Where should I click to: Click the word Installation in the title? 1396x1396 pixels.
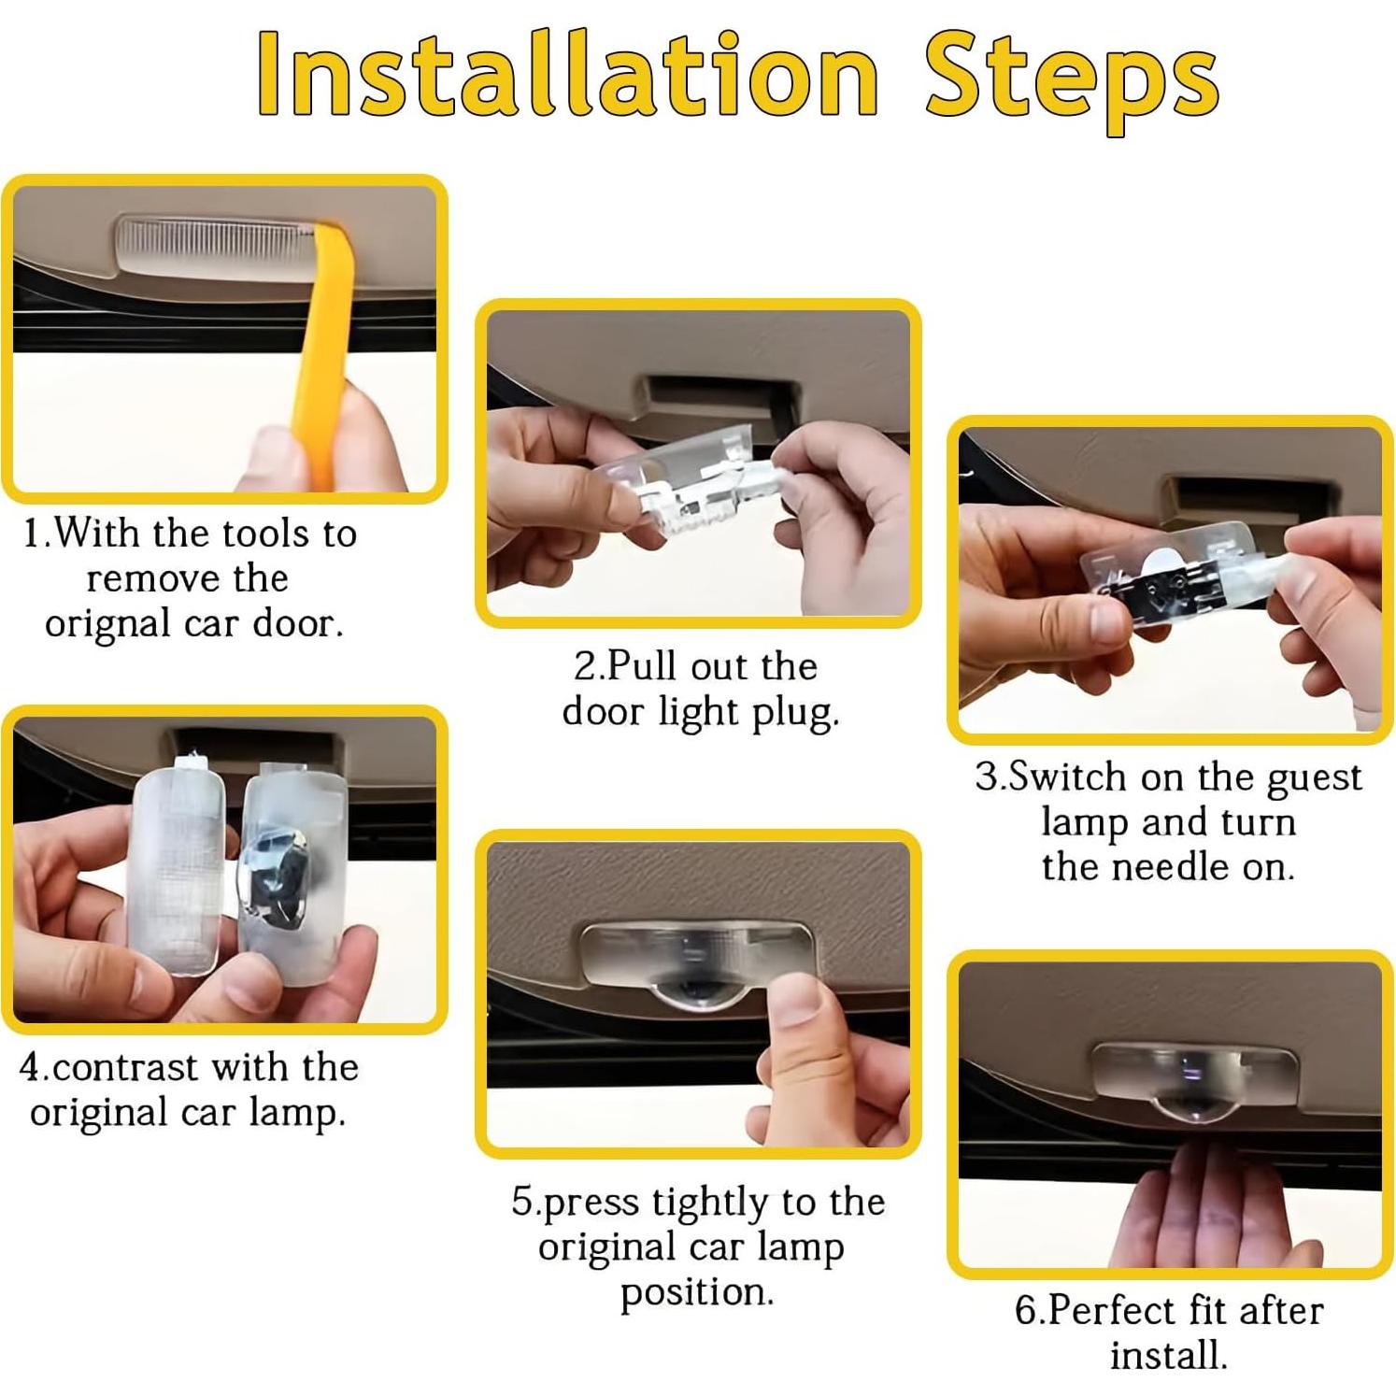click(568, 75)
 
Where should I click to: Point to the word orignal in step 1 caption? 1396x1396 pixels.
click(108, 624)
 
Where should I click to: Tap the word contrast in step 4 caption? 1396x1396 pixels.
click(125, 1067)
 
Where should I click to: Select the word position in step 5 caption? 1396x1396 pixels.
click(697, 1293)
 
